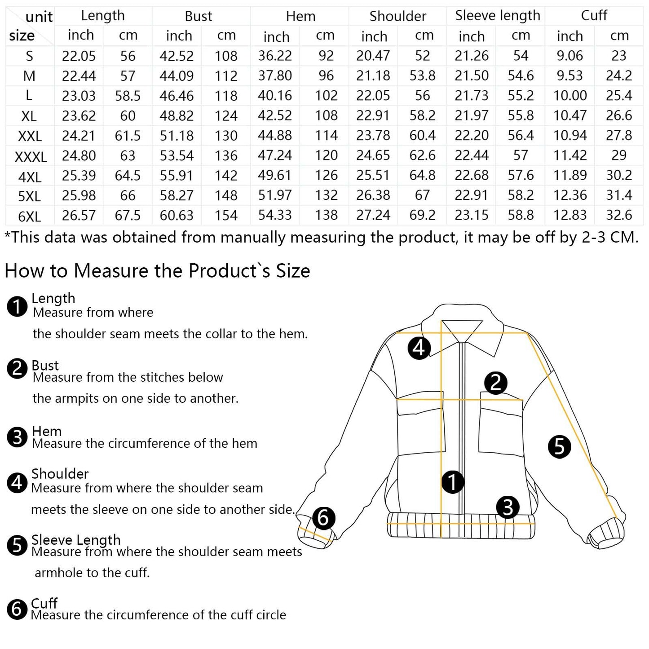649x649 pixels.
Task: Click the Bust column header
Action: point(198,16)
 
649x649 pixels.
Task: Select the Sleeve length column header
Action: point(497,16)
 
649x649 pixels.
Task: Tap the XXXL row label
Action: point(31,156)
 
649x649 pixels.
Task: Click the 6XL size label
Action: point(30,216)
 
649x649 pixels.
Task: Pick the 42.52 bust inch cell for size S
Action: point(177,56)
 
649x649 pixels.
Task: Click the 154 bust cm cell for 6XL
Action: point(226,216)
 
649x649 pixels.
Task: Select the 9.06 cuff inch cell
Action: point(570,56)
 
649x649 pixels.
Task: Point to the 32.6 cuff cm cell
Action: point(618,215)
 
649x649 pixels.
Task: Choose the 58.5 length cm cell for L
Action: point(128,96)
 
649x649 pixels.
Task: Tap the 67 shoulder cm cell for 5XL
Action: point(422,195)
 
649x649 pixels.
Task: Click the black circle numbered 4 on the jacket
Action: point(419,348)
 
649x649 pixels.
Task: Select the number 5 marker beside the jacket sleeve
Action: point(559,446)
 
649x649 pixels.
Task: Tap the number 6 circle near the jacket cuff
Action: point(323,518)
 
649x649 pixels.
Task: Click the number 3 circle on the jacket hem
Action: point(508,508)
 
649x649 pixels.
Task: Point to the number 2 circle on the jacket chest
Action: point(495,383)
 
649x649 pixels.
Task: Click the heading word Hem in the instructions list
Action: point(47,431)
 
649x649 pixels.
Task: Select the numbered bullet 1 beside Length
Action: point(18,307)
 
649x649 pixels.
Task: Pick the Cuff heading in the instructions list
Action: point(44,603)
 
